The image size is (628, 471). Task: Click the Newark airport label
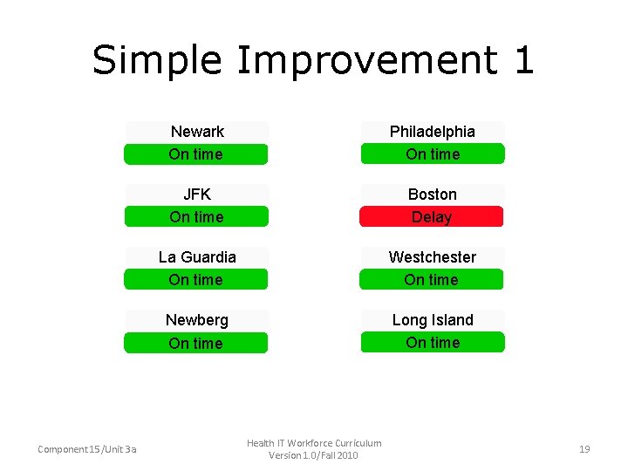click(197, 132)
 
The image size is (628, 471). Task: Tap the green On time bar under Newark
click(196, 154)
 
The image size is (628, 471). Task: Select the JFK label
click(197, 195)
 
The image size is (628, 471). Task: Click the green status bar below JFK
click(196, 217)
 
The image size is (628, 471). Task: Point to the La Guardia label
click(197, 257)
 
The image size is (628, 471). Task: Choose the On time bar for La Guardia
click(196, 280)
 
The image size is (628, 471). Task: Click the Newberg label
click(197, 320)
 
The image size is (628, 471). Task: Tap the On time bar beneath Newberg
click(196, 343)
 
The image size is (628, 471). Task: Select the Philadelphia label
click(433, 132)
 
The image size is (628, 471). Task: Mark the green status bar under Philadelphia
click(433, 154)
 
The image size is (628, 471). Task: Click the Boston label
click(433, 195)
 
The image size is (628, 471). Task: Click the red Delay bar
click(432, 217)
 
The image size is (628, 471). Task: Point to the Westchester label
click(433, 257)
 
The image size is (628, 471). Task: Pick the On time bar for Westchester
click(432, 280)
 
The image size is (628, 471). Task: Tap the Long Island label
click(433, 320)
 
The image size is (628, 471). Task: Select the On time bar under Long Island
click(433, 343)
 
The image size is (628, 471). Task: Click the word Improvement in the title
click(366, 61)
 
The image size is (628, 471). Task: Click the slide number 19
click(584, 449)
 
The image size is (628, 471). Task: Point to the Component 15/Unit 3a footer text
click(86, 449)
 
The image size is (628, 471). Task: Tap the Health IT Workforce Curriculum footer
click(314, 443)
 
